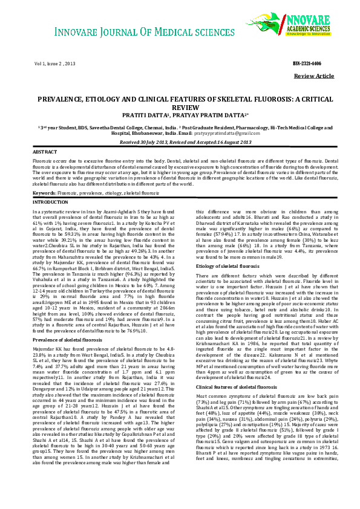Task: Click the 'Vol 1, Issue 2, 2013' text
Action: (x=54, y=63)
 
